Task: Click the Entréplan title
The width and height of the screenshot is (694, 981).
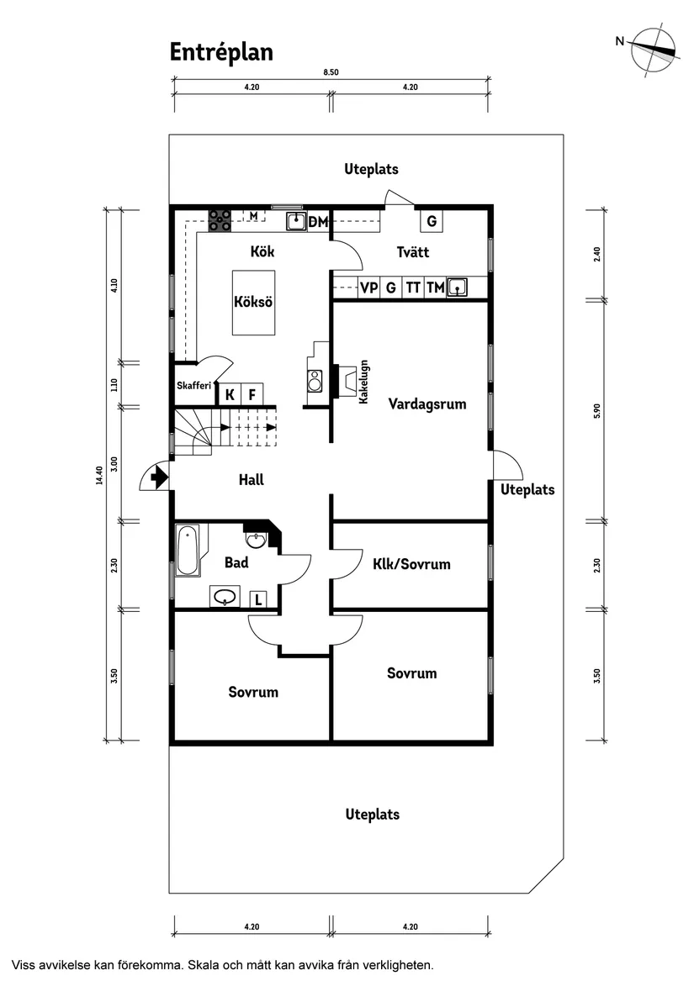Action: tap(221, 52)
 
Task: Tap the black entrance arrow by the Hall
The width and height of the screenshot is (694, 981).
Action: tap(158, 479)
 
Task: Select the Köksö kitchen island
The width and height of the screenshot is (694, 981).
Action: tap(253, 303)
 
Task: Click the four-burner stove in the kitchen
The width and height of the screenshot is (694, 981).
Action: tap(220, 220)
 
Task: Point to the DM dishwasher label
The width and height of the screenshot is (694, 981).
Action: tap(318, 222)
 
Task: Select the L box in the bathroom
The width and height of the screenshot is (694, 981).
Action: tap(259, 599)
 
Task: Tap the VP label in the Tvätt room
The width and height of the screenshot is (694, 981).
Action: tap(368, 287)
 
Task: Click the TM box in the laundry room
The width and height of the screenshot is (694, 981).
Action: tap(435, 287)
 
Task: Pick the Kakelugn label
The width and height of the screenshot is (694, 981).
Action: tap(364, 382)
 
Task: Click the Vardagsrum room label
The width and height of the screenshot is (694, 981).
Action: tap(427, 403)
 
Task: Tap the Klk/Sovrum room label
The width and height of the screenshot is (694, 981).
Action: tap(411, 564)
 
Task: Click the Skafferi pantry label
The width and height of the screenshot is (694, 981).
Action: tap(194, 386)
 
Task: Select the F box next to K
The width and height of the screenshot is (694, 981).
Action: tap(251, 394)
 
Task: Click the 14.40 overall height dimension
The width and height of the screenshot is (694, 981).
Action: tap(99, 476)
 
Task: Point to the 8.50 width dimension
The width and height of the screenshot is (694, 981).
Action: tap(331, 73)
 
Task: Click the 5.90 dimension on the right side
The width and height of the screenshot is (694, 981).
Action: tap(596, 409)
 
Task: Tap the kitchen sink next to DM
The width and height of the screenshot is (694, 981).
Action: tap(295, 221)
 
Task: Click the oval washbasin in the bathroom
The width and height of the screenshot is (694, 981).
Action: tap(225, 597)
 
